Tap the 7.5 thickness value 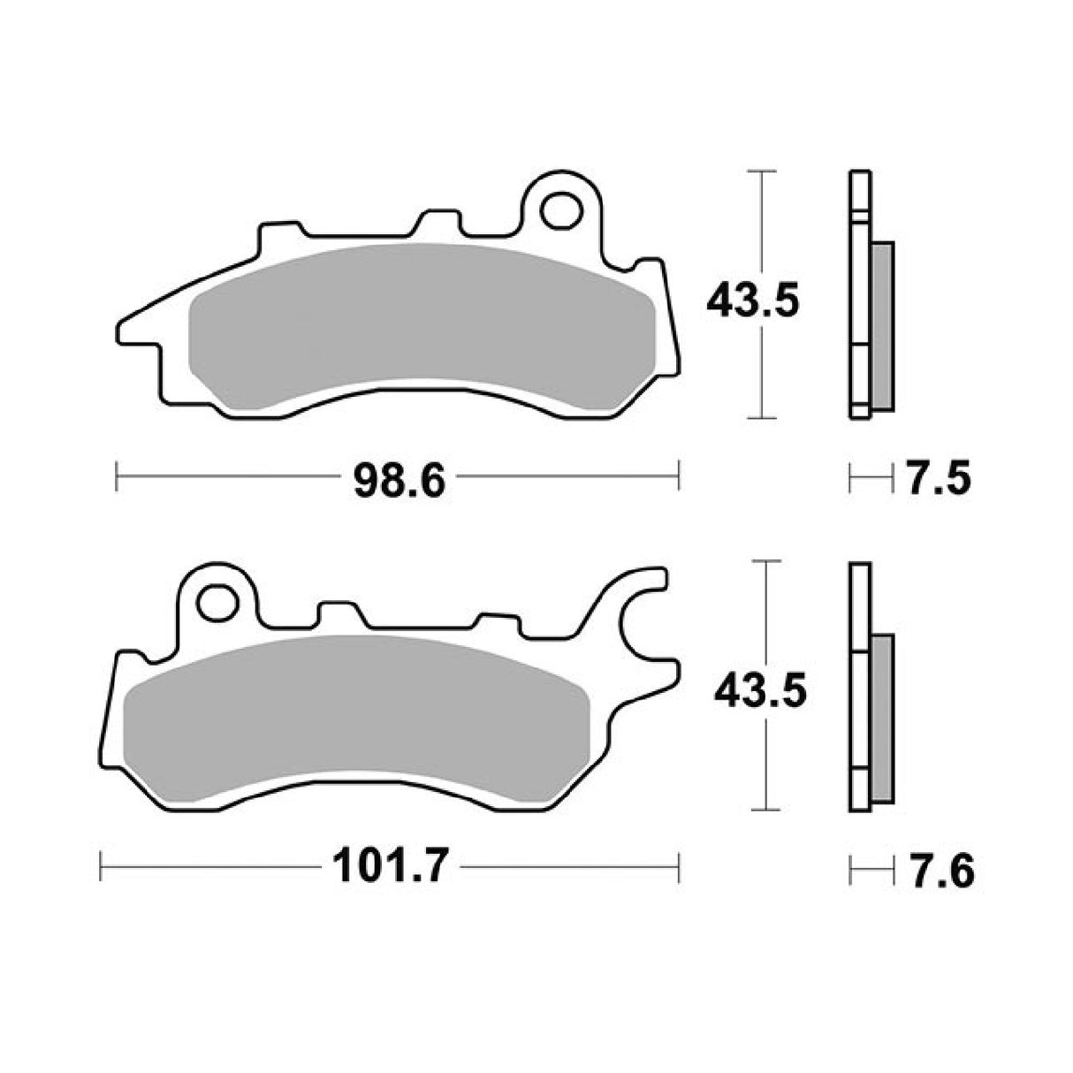[938, 479]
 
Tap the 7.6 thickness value [940, 871]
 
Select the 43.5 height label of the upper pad [752, 302]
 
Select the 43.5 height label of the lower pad [760, 692]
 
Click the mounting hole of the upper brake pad [559, 209]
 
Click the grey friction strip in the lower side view [882, 716]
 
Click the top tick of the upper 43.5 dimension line [762, 170]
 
